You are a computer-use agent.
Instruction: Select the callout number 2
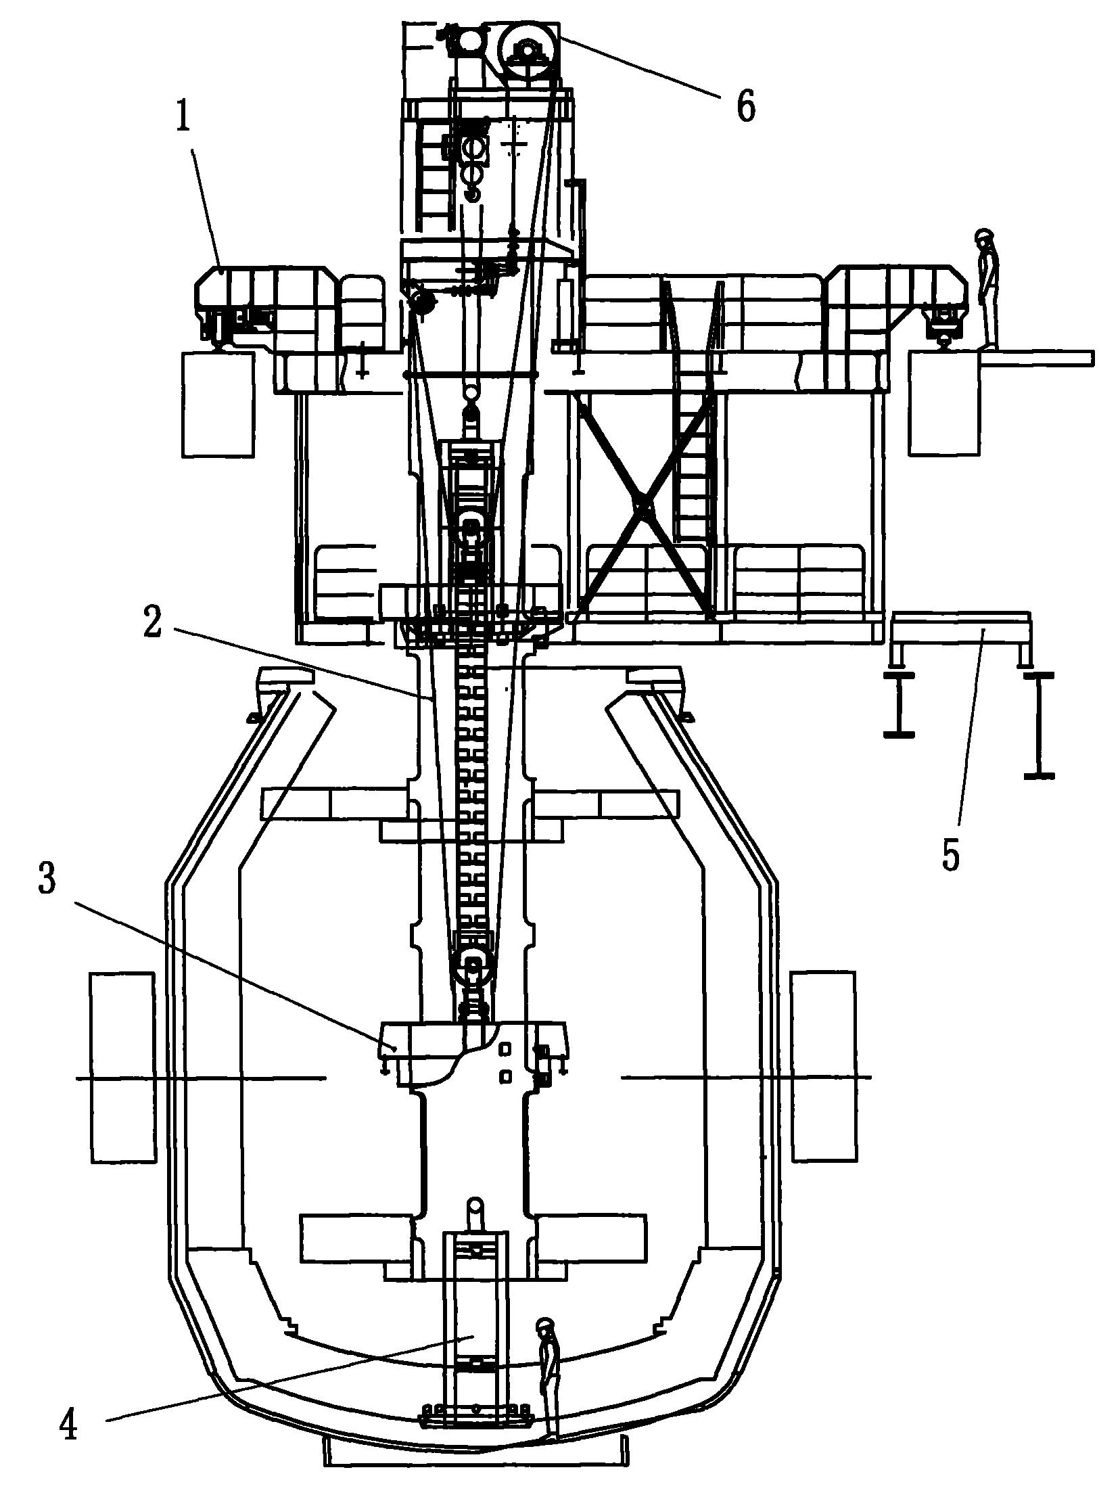(152, 622)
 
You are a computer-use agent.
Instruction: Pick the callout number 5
(950, 854)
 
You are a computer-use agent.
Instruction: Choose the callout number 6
(745, 107)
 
